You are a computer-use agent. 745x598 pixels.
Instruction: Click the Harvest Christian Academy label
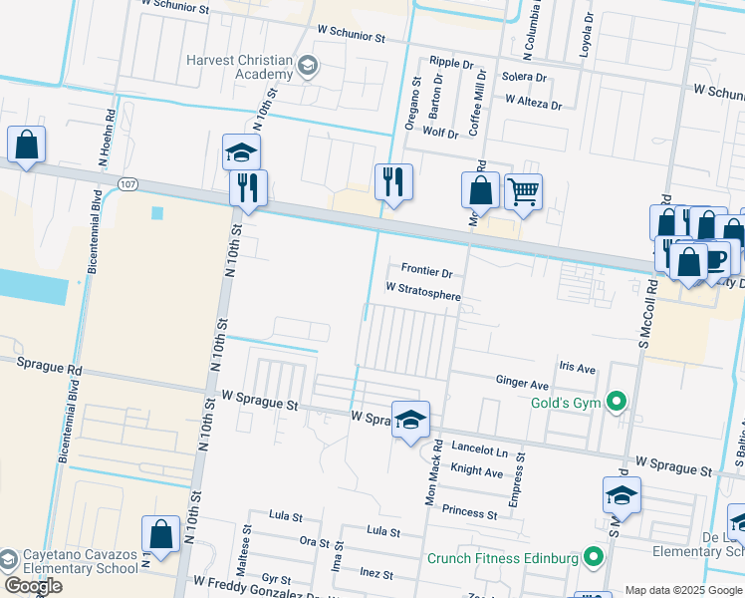click(239, 67)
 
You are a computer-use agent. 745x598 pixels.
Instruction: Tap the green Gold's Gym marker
click(617, 402)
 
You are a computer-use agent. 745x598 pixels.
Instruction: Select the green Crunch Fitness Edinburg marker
click(595, 557)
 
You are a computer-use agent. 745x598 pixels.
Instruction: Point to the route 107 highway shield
click(126, 184)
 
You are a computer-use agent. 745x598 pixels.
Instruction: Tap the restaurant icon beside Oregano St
click(393, 181)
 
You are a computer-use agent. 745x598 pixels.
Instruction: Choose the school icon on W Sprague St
click(410, 420)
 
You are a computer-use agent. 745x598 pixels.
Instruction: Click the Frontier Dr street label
click(427, 270)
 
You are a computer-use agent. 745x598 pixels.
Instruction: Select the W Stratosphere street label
click(423, 295)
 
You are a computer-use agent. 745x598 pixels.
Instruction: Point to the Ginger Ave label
click(523, 384)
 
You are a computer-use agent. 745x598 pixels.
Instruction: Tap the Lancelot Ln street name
click(480, 450)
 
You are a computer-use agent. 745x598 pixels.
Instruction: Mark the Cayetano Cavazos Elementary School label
click(70, 562)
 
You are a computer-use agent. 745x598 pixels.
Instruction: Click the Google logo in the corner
click(33, 586)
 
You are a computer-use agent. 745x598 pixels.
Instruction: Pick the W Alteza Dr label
click(533, 102)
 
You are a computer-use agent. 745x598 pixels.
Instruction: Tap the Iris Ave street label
click(577, 369)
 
